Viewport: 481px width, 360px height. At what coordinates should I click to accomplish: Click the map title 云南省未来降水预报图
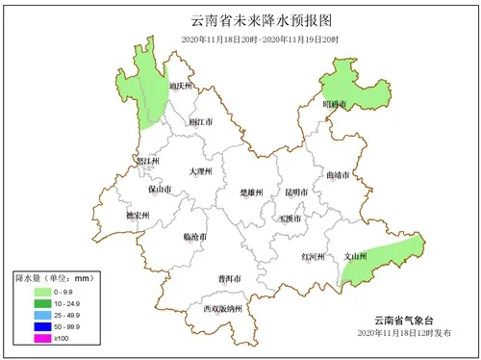pyautogui.click(x=240, y=18)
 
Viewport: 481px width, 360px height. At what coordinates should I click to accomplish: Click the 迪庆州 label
pyautogui.click(x=181, y=87)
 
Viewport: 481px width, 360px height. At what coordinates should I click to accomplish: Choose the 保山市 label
pyautogui.click(x=160, y=191)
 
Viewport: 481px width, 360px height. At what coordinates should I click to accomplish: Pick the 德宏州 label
pyautogui.click(x=139, y=216)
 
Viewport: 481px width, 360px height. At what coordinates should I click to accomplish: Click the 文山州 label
pyautogui.click(x=356, y=257)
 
